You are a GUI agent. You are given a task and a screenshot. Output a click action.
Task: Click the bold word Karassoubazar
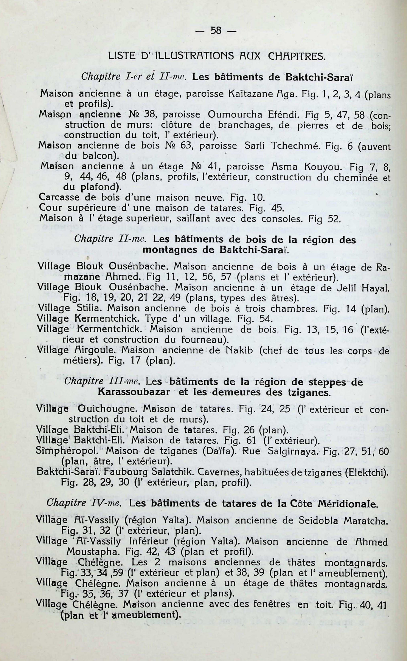tap(134, 392)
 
